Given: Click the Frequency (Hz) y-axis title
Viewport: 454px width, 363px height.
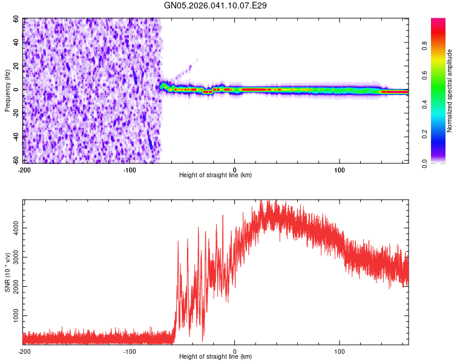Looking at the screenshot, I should pyautogui.click(x=8, y=91).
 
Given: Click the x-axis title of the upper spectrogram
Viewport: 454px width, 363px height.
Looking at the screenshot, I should pyautogui.click(x=215, y=175).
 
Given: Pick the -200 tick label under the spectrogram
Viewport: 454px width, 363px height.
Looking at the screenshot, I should pyautogui.click(x=24, y=169).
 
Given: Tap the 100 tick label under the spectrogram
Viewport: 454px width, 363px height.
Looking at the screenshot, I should pyautogui.click(x=340, y=169).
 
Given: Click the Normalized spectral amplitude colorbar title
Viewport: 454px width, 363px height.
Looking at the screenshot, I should pyautogui.click(x=450, y=91).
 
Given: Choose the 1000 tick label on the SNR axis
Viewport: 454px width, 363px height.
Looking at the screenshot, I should pyautogui.click(x=13, y=316).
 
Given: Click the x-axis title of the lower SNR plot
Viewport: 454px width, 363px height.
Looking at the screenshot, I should pyautogui.click(x=215, y=357).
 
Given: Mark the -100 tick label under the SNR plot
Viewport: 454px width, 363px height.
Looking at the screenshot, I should pyautogui.click(x=130, y=351).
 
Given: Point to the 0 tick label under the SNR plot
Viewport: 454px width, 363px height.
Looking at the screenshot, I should pyautogui.click(x=235, y=351).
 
